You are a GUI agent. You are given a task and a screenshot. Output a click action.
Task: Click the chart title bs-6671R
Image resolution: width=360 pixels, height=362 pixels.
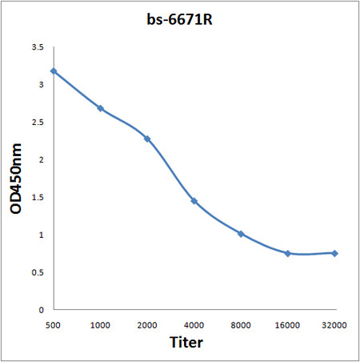pos(181,18)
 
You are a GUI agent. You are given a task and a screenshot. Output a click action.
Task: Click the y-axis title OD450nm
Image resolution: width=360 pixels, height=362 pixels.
pos(17,178)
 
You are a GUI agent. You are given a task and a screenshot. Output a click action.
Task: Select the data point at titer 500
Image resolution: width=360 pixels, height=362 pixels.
pos(54,71)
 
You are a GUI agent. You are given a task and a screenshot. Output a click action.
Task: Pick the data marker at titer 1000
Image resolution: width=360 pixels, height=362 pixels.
pos(100,108)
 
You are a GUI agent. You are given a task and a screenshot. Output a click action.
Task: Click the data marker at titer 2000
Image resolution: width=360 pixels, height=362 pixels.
pos(147,139)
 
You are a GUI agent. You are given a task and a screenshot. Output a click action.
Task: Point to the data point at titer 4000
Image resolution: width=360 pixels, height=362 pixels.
pos(194,200)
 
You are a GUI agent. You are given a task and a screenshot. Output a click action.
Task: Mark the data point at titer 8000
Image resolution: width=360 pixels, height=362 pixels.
pos(241,234)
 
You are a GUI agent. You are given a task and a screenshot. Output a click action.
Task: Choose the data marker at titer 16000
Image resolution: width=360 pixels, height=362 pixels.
pos(287,253)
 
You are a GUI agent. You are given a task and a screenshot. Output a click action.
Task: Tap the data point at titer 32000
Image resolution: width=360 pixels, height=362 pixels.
pos(334,253)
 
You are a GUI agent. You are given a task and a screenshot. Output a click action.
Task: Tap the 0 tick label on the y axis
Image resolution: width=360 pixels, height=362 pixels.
pos(41,309)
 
